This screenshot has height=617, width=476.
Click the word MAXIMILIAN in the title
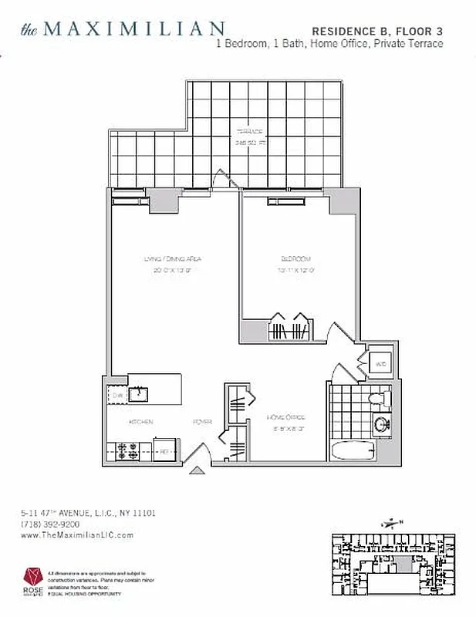(134, 29)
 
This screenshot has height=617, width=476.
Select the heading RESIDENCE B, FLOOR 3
(377, 30)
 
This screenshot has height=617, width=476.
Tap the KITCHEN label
(140, 422)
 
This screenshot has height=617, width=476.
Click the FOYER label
(202, 422)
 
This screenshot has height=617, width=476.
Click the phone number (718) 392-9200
(51, 523)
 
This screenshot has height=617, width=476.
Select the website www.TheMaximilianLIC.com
(77, 534)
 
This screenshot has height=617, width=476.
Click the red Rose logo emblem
(32, 575)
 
